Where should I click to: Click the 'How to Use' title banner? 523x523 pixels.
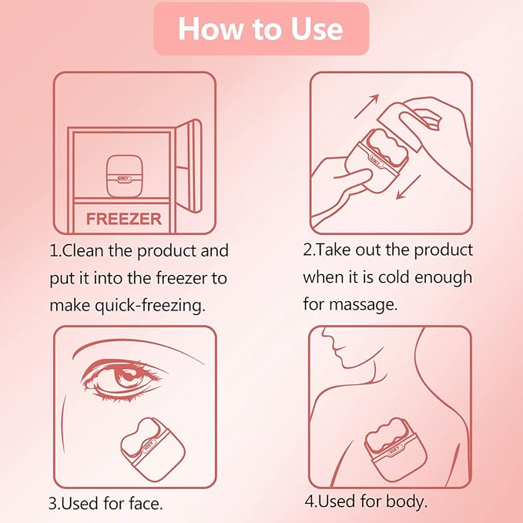pos(261,28)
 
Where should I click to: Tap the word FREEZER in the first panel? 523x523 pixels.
pos(123,219)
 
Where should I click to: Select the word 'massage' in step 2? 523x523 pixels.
pos(364,304)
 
